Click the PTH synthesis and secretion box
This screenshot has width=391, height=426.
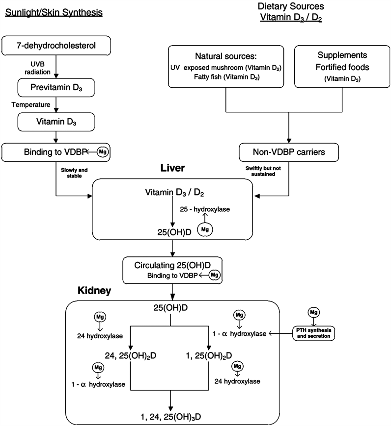tap(314, 333)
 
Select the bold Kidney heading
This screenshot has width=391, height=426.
tap(94, 291)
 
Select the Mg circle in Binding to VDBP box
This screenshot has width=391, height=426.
tap(103, 152)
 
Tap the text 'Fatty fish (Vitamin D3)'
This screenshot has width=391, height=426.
tap(223, 77)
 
